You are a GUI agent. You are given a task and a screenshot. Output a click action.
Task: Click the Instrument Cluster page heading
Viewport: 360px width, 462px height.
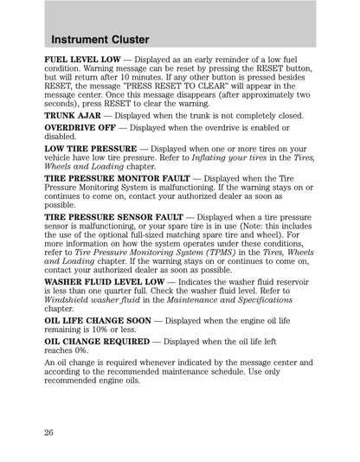coord(100,40)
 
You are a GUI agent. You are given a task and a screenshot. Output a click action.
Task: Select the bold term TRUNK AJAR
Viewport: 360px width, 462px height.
coord(73,115)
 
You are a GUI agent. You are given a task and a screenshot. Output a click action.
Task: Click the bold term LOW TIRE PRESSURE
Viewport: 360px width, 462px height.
coord(90,149)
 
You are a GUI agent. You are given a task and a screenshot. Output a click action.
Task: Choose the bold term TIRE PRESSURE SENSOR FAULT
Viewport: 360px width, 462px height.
coord(113,217)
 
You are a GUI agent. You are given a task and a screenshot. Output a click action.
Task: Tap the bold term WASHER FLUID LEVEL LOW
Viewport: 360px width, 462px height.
coord(105,282)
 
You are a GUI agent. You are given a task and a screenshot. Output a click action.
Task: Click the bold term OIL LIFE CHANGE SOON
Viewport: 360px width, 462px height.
coord(97,320)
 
